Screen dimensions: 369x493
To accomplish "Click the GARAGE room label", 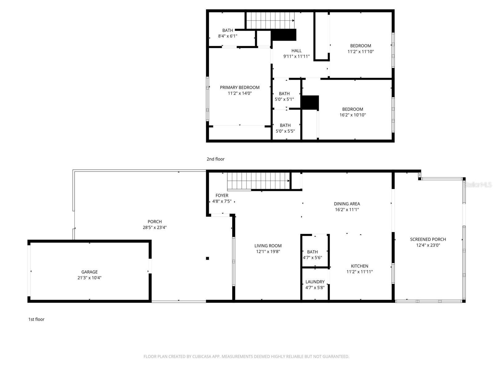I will [x=89, y=272].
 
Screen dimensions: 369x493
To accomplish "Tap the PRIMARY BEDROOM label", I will [x=240, y=87].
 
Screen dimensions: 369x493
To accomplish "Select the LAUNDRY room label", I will [x=315, y=282].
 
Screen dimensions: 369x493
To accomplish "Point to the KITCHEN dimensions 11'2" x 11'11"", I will [x=360, y=272].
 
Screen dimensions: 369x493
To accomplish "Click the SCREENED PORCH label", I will [x=428, y=239].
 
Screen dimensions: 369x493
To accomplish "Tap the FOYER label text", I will [x=222, y=196].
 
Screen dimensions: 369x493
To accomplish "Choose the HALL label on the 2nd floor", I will [x=296, y=51].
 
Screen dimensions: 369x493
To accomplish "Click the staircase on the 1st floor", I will [x=258, y=181].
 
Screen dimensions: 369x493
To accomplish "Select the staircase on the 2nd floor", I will [x=270, y=20].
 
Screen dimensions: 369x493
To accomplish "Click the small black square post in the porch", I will [x=208, y=258].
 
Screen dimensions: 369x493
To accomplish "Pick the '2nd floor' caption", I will [x=215, y=159].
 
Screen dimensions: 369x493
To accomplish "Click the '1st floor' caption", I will [x=36, y=319].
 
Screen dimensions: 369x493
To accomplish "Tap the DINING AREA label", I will [x=347, y=204].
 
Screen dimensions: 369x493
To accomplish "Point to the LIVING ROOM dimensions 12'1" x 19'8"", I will [x=268, y=252].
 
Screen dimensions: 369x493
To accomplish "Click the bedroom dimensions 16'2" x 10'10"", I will [x=352, y=115].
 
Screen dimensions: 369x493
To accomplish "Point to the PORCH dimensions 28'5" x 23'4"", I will [x=154, y=228].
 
